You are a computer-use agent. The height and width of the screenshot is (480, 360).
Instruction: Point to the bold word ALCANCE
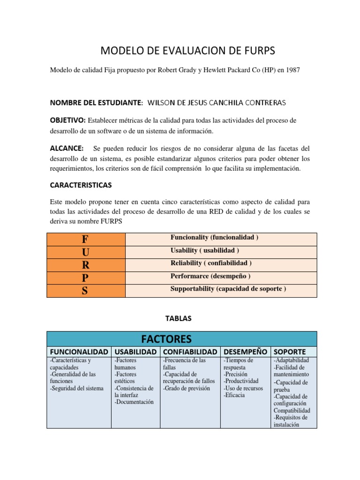click(x=67, y=148)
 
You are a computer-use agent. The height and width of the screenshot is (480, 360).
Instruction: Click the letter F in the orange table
click(x=85, y=240)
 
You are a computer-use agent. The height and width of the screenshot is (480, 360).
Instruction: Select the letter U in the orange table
click(x=85, y=252)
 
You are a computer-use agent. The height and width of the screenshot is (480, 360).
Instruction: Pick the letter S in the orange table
click(x=85, y=291)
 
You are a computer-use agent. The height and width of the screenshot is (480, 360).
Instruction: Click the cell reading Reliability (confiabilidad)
click(x=211, y=263)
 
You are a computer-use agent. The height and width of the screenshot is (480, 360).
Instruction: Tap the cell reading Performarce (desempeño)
click(x=210, y=276)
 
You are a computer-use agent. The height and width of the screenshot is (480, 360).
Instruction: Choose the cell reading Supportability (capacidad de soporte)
click(x=228, y=289)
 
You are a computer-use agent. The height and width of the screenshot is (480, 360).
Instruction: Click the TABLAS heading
click(x=179, y=318)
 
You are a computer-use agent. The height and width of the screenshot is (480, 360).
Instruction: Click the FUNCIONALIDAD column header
click(x=79, y=352)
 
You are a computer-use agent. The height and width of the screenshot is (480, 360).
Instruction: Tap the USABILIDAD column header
click(x=135, y=352)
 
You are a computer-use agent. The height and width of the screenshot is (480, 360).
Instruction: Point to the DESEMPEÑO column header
click(x=246, y=352)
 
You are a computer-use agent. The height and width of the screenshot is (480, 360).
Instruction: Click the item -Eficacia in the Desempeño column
click(x=234, y=395)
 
